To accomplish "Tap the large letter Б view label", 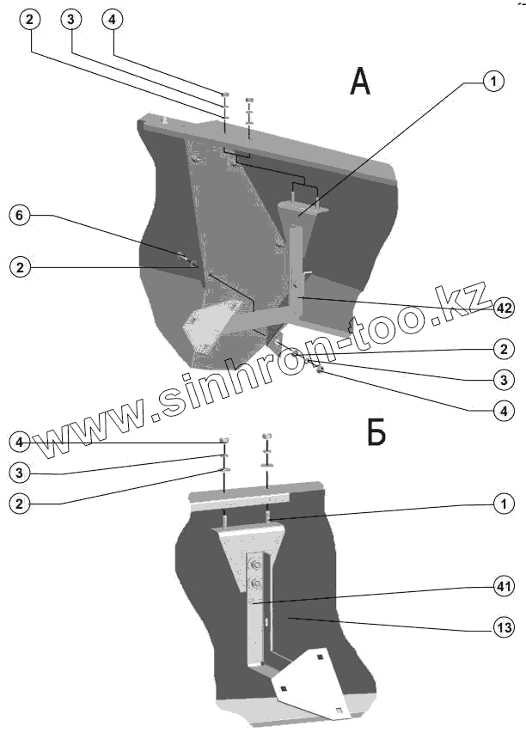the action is point(376,432).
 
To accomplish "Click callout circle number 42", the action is point(505,307).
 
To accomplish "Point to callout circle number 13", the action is point(505,628).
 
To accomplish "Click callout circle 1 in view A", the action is point(492,82).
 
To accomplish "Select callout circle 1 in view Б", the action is point(505,504).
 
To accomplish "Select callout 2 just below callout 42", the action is point(505,349).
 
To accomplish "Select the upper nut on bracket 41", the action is point(254,565).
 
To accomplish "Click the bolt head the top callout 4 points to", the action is point(225,95).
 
